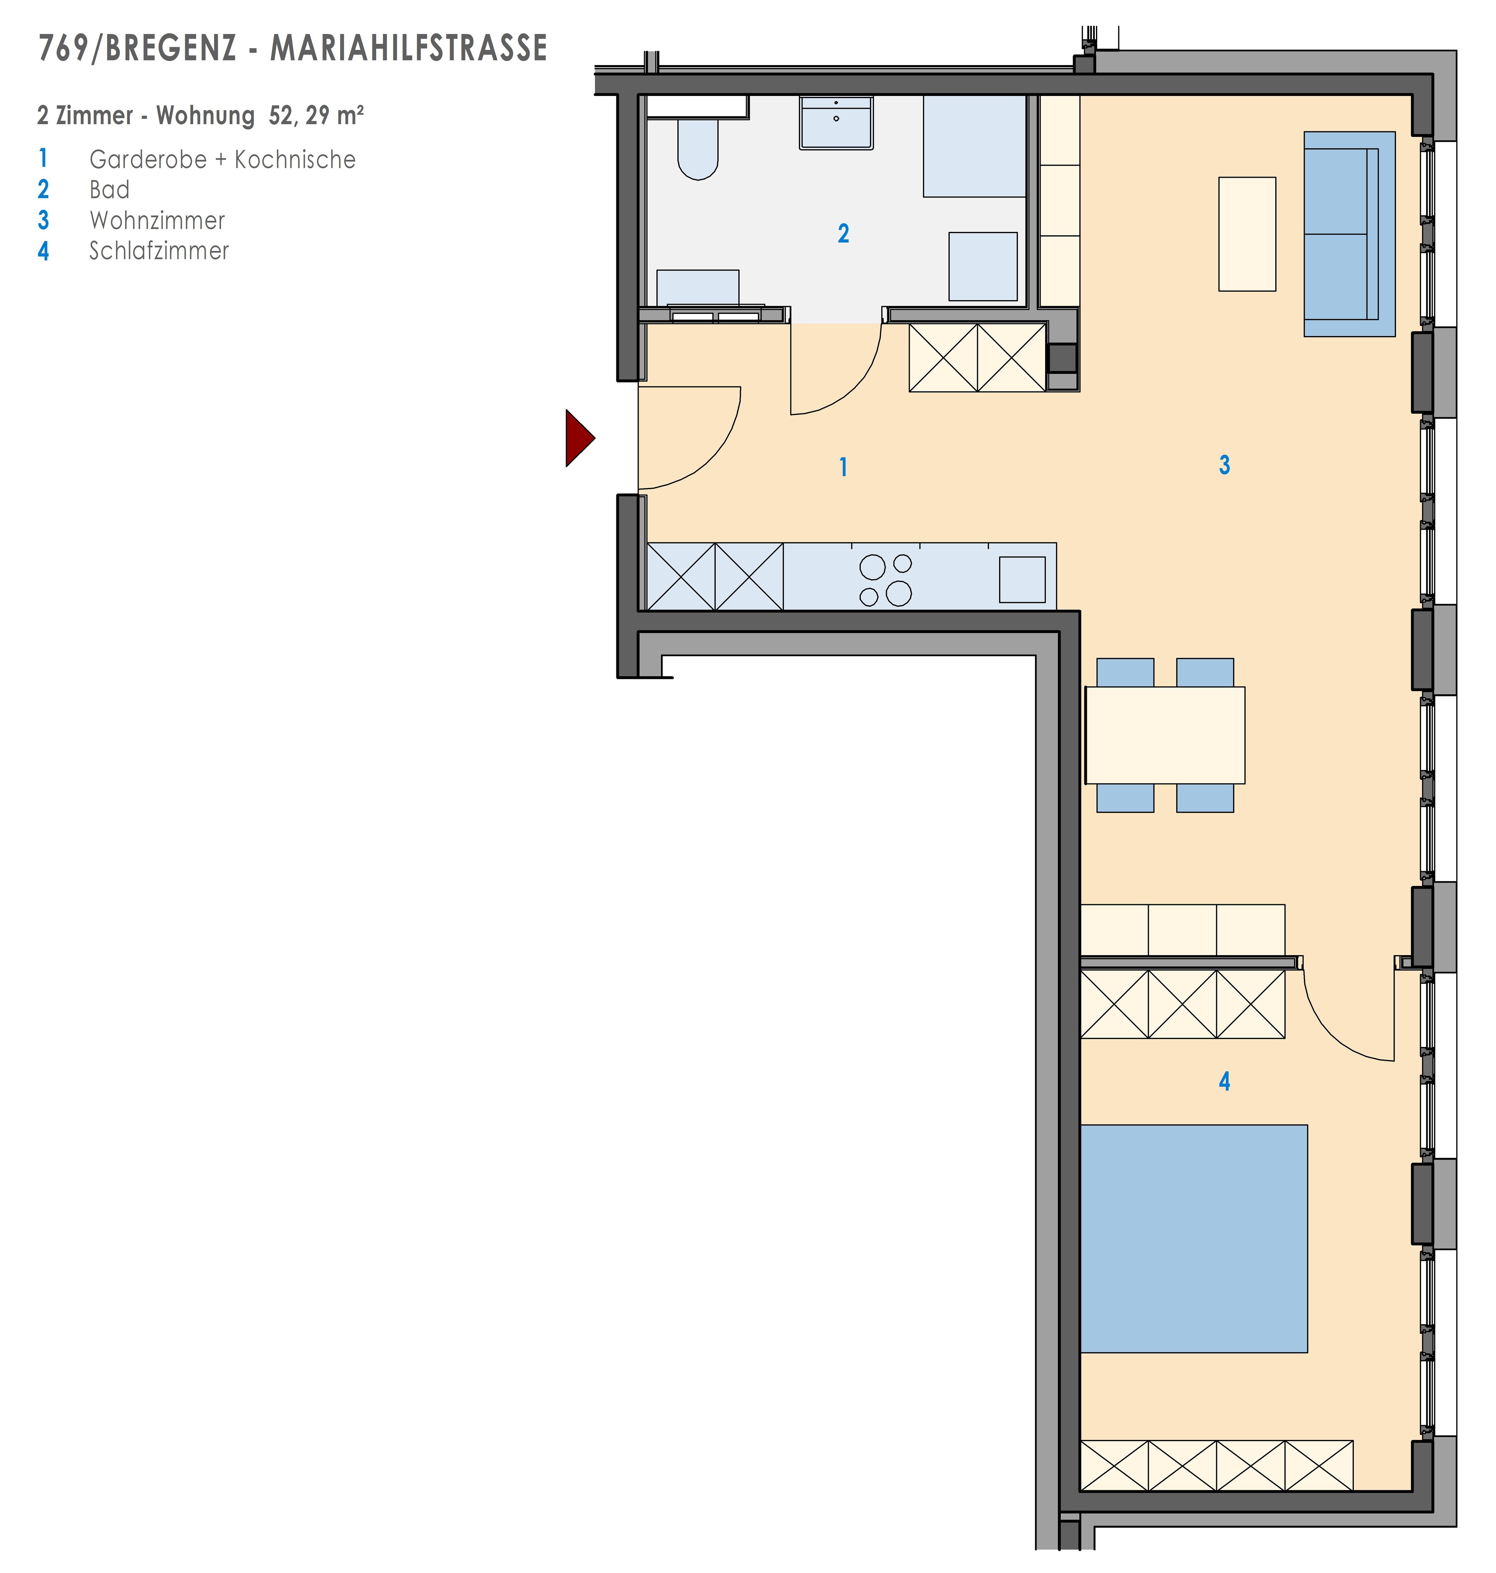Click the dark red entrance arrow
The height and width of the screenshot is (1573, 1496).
click(578, 438)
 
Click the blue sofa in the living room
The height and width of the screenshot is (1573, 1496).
click(1349, 234)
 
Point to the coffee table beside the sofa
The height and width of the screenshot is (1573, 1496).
click(1247, 234)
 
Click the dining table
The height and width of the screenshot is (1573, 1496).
click(1165, 735)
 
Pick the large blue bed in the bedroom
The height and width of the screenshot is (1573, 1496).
click(1194, 1239)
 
